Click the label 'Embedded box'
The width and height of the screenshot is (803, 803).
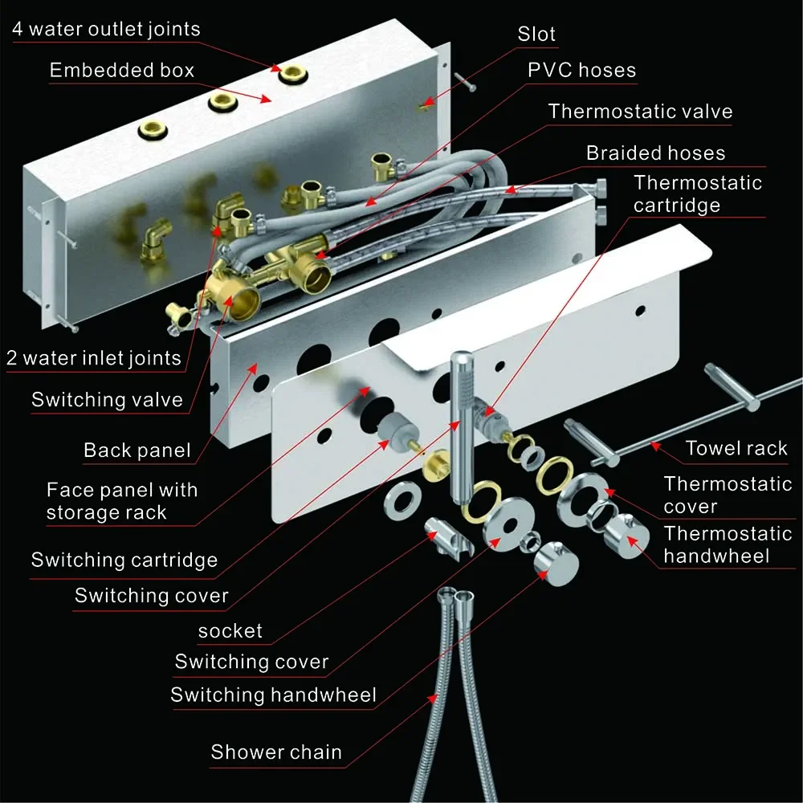[x=122, y=70]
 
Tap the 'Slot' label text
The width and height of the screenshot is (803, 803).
[x=536, y=34]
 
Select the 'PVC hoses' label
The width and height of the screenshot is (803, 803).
[x=581, y=70]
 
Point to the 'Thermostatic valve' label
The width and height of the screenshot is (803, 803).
[x=640, y=111]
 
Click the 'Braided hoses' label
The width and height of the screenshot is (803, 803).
[x=655, y=153]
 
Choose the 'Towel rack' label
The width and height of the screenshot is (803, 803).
[x=736, y=448]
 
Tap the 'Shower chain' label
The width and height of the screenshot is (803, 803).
[x=276, y=752]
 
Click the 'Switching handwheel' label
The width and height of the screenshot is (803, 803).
[x=274, y=695]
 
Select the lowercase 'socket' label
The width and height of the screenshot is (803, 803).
[x=230, y=631]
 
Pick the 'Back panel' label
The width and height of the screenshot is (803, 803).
[x=137, y=450]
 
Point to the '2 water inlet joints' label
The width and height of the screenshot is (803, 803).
[x=94, y=358]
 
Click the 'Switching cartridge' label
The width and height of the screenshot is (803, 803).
[x=124, y=560]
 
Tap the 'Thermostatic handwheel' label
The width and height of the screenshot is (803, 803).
[x=728, y=545]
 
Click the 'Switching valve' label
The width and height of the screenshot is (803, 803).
[x=107, y=399]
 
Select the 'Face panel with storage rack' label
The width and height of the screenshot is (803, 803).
[x=122, y=501]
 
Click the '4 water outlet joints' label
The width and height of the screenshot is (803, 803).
[x=106, y=29]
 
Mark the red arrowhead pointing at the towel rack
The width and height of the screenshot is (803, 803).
[x=655, y=446]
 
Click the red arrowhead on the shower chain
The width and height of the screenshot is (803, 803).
[x=434, y=699]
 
